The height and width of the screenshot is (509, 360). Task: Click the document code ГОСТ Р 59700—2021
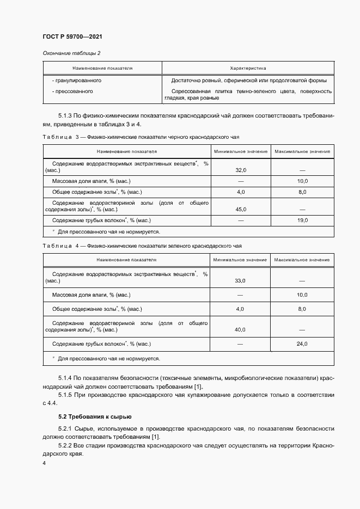pyautogui.click(x=72, y=36)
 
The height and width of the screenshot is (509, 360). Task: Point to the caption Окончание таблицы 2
pyautogui.click(x=71, y=53)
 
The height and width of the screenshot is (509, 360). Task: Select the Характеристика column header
pyautogui.click(x=248, y=69)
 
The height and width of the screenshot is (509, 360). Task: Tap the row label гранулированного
pyautogui.click(x=77, y=80)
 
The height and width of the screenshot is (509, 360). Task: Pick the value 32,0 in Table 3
pyautogui.click(x=241, y=170)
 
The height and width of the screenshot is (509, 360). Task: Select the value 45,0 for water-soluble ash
pyautogui.click(x=241, y=209)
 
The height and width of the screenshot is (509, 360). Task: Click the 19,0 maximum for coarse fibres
pyautogui.click(x=302, y=220)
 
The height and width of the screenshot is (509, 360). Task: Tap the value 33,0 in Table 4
pyautogui.click(x=240, y=280)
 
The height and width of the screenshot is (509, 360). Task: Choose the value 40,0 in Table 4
pyautogui.click(x=240, y=329)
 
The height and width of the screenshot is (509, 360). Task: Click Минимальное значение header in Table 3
pyautogui.click(x=241, y=151)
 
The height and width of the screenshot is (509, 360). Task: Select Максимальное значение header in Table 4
pyautogui.click(x=302, y=260)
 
